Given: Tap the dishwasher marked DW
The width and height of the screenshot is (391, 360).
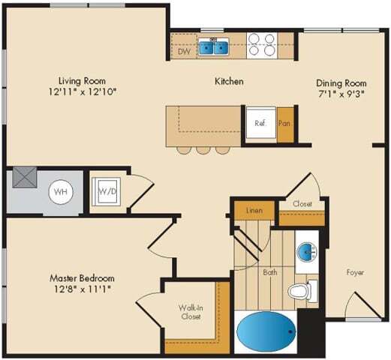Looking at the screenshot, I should click(184, 52).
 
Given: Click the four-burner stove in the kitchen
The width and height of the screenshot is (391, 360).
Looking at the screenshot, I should click(261, 45).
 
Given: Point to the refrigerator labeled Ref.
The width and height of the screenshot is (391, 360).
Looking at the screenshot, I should click(260, 124).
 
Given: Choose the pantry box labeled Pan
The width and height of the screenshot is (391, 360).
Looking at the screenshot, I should click(284, 124).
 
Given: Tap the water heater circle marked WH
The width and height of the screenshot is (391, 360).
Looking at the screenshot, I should click(62, 191).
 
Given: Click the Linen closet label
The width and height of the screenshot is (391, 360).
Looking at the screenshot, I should click(254, 211).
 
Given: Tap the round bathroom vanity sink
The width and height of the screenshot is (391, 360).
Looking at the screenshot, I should click(306, 252).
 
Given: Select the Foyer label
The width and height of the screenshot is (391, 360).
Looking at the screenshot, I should click(355, 272).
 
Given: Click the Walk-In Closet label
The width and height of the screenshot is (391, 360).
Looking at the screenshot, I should click(189, 311).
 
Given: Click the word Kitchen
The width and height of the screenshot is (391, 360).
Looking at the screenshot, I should click(229, 81).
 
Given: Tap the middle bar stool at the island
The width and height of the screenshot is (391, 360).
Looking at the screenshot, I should click(203, 149).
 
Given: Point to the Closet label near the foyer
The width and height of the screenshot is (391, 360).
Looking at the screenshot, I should click(302, 203).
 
